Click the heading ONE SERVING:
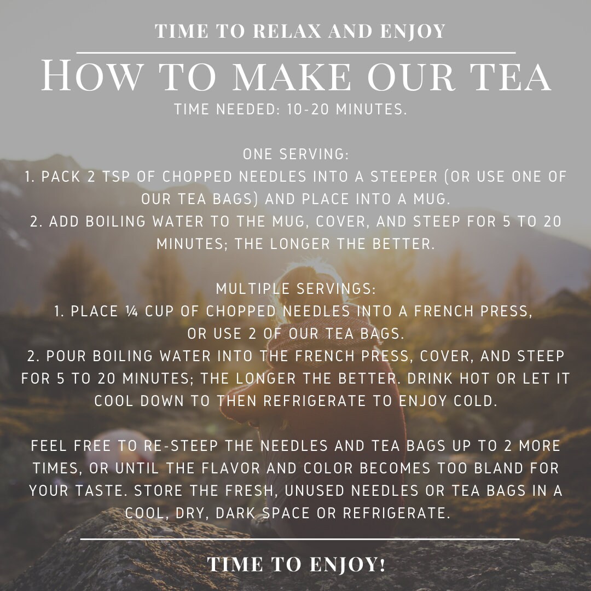296,154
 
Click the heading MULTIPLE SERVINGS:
296,289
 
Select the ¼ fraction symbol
132,311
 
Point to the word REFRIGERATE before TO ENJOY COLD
314,401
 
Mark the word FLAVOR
231,468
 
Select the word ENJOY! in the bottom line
347,565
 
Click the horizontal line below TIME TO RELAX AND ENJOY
296,53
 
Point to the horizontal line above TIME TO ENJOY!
300,539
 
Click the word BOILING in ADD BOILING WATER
115,222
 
